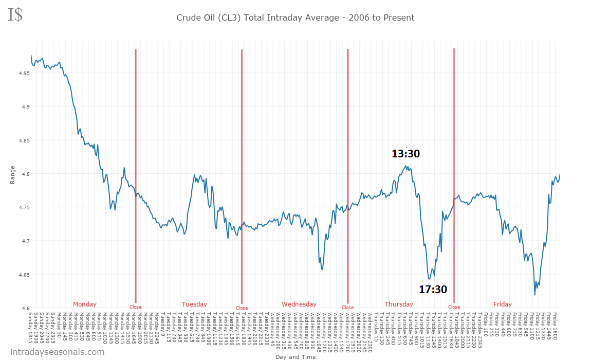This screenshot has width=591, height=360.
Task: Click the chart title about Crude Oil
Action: (295, 17)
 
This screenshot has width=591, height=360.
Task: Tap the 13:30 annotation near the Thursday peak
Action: (405, 153)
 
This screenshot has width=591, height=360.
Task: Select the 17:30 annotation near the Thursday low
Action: (433, 290)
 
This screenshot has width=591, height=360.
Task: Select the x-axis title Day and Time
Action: (295, 356)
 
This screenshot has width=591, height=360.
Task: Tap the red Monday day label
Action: (84, 304)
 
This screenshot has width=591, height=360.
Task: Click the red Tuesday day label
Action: (194, 304)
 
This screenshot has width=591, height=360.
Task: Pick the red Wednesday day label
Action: (299, 304)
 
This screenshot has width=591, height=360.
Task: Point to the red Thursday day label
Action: (399, 304)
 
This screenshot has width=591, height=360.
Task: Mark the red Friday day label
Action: (502, 304)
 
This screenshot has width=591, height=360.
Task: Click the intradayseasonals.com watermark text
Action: (57, 352)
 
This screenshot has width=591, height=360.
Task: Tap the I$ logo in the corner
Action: (15, 14)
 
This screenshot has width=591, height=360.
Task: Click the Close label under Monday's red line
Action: (135, 307)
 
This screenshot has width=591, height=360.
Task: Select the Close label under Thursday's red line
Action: (454, 307)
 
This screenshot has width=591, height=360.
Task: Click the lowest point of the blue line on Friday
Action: (534, 295)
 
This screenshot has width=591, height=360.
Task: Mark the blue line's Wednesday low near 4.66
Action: (322, 269)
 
